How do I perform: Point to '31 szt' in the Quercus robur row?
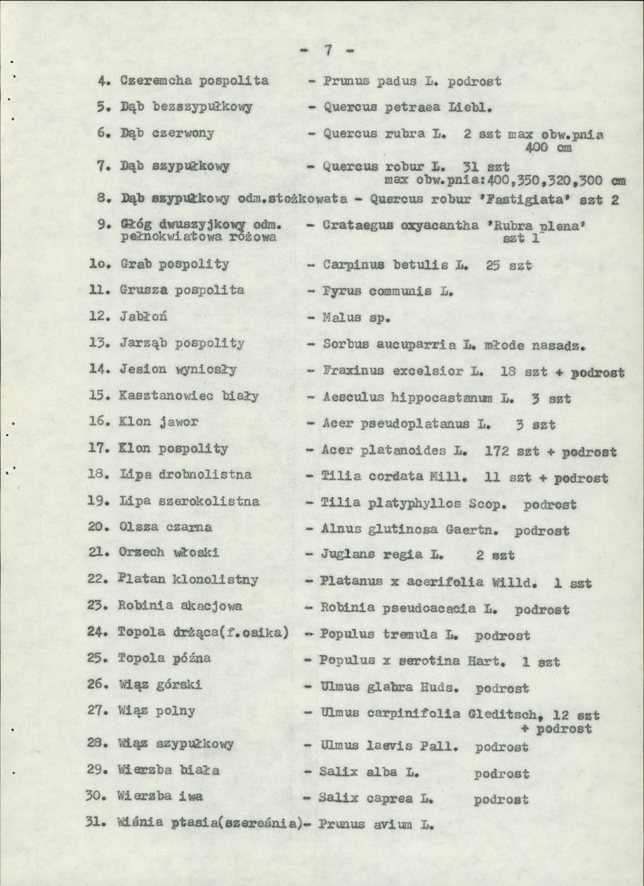484,166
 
